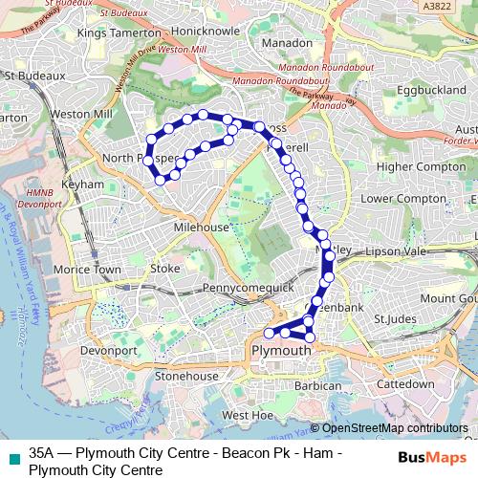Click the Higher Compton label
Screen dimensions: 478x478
[x=420, y=166]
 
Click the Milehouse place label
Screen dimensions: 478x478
[x=201, y=228]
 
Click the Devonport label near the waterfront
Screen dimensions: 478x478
[x=109, y=351]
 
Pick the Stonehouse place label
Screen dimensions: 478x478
[x=186, y=377]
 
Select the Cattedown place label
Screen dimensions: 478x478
[x=405, y=383]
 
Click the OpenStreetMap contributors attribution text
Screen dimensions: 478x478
[x=392, y=429]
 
